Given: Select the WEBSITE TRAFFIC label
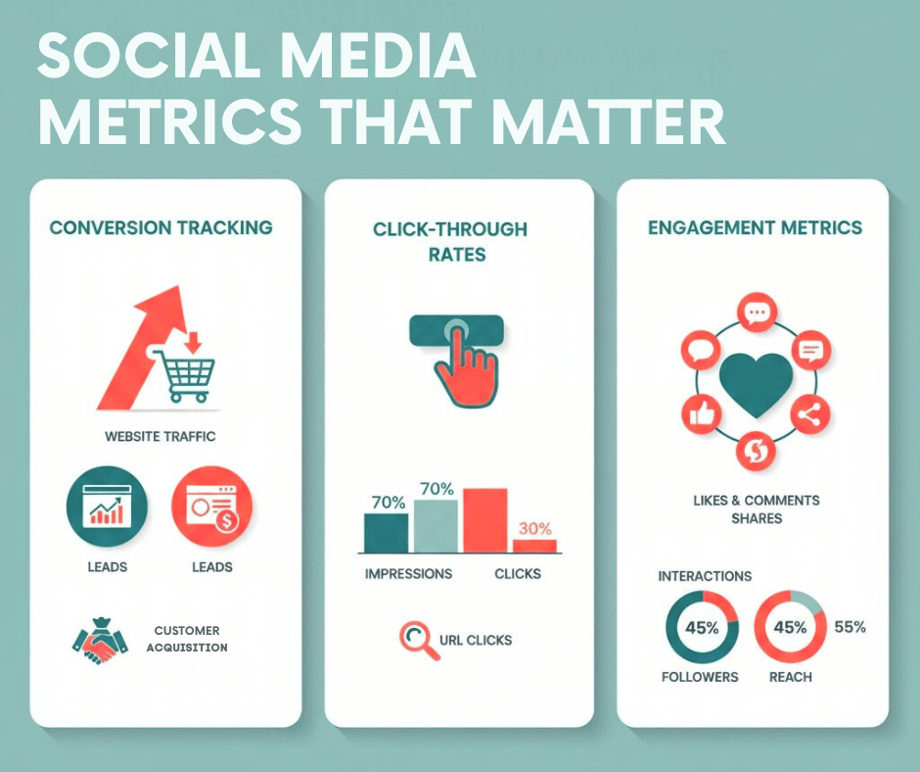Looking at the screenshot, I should pyautogui.click(x=161, y=435).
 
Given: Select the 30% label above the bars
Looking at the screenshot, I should pyautogui.click(x=533, y=527).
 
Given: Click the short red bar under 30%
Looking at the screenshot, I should pyautogui.click(x=534, y=546).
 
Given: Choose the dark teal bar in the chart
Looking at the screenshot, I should pyautogui.click(x=386, y=533).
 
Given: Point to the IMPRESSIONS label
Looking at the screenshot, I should pyautogui.click(x=408, y=573).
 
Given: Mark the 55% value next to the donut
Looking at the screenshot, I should pyautogui.click(x=849, y=627).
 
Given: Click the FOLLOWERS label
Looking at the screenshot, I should pyautogui.click(x=700, y=677).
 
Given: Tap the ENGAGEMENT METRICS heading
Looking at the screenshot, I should pyautogui.click(x=755, y=228).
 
